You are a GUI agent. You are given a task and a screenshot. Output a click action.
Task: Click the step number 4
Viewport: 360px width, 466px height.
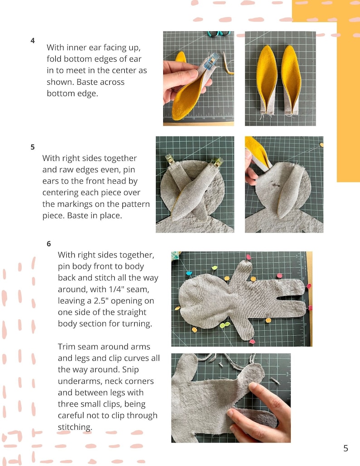click(33, 40)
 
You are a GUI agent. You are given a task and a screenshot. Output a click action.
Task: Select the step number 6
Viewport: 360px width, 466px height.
click(49, 243)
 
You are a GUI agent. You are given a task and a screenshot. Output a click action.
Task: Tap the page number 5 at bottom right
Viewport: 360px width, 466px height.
click(345, 448)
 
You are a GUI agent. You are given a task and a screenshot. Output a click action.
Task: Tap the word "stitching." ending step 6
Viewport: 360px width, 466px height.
click(75, 427)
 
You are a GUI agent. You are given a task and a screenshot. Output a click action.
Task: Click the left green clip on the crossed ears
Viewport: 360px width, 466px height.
click(170, 159)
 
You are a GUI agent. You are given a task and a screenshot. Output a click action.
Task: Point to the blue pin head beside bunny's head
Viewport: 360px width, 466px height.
click(189, 273)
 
